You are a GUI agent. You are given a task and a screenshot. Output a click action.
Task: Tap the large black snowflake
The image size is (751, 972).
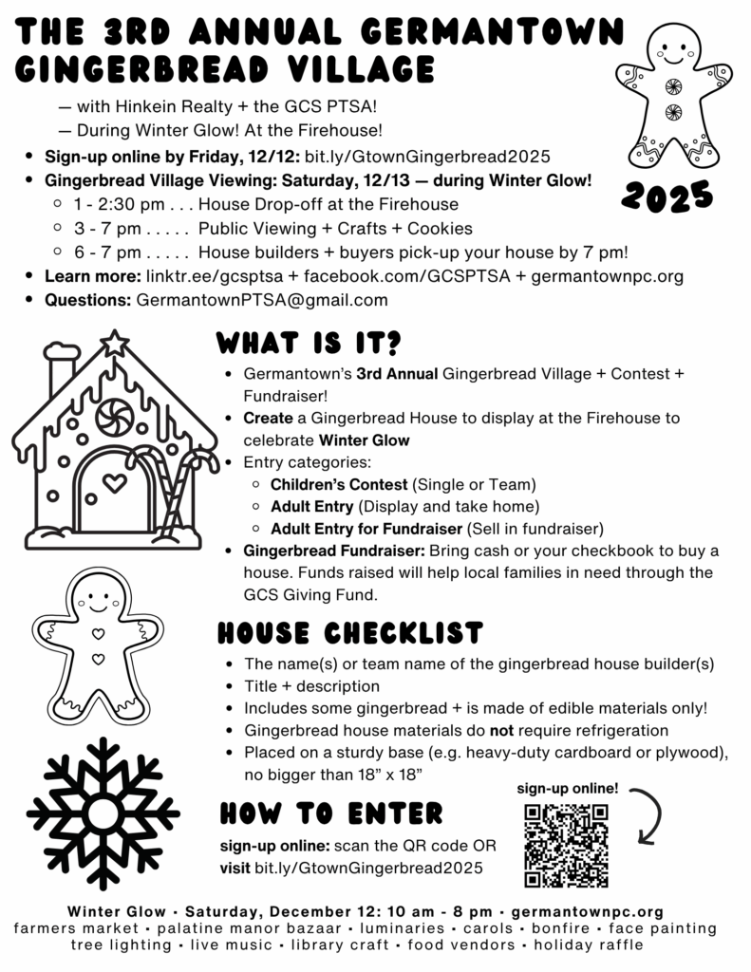pos(103,814)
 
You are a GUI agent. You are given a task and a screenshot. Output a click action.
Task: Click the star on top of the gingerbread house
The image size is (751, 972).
pos(115,343)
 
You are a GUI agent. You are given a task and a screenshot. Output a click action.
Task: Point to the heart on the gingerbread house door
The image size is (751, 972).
pos(115,482)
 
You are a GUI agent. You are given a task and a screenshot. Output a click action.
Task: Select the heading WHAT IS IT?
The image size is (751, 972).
pos(310,341)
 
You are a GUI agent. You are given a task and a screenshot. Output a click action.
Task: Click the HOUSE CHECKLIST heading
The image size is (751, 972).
pos(350,632)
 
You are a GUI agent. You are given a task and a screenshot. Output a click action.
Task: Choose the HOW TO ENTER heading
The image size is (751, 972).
pos(331,813)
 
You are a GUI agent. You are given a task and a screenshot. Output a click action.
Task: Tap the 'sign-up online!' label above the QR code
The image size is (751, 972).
pos(568,788)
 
